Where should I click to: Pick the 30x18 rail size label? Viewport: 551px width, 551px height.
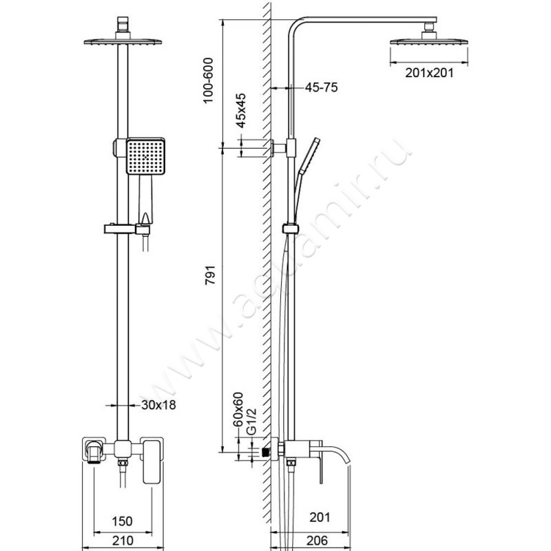pos(157,405)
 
